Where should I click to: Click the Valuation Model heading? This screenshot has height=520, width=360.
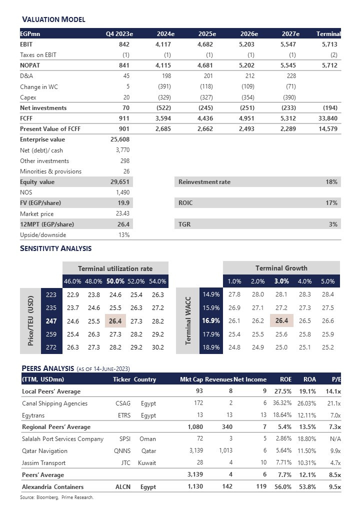pos(53,19)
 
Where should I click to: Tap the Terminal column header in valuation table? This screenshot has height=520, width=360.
pos(328,34)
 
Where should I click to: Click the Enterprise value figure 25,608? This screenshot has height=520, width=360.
pos(120,139)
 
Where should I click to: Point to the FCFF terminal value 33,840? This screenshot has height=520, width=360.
pos(328,118)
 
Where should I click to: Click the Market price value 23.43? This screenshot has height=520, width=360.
pos(121,213)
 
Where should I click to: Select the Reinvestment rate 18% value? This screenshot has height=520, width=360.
pos(332,182)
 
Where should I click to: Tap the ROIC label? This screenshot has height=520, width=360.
pos(185,203)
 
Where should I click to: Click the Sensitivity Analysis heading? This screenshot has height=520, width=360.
pos(55,248)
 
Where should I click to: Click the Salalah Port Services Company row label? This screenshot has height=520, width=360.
pos(62,439)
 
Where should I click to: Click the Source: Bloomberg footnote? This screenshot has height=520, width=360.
pos(56,497)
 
